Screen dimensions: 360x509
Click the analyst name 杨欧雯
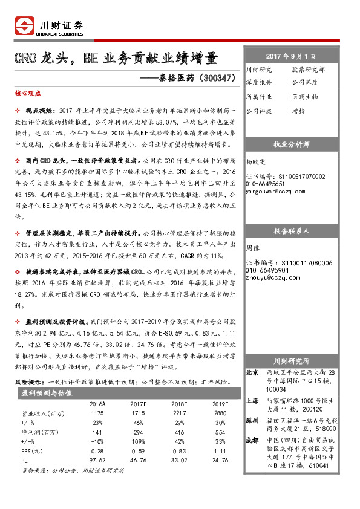click(x=256, y=163)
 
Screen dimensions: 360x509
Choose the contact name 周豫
click(x=252, y=248)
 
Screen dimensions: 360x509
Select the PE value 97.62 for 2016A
click(x=97, y=460)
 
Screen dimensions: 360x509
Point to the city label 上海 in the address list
click(x=254, y=400)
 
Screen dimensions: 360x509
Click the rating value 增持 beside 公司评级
click(x=297, y=111)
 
